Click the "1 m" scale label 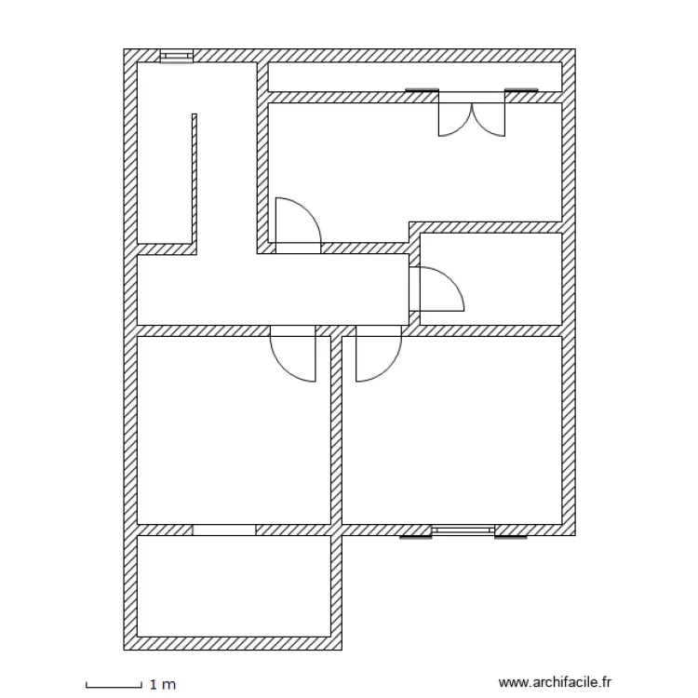[162, 685]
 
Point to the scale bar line [113, 686]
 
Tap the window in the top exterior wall [176, 56]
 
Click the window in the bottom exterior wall [463, 530]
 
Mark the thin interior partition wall [195, 181]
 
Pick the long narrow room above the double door [414, 76]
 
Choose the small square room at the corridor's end [490, 278]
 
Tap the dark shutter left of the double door [422, 90]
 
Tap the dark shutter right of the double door [522, 90]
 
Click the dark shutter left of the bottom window [416, 537]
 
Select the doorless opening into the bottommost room [224, 530]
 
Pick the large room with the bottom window [451, 428]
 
